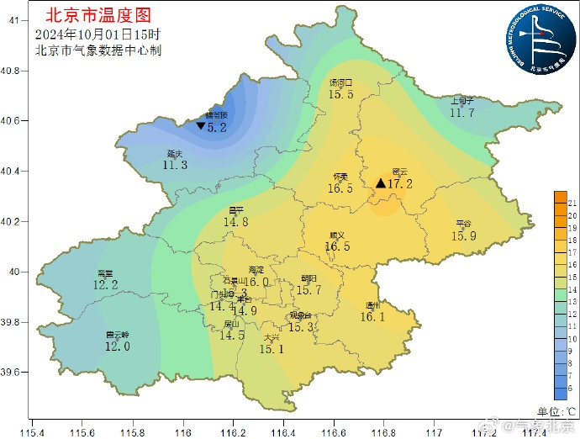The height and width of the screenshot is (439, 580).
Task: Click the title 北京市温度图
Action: pyautogui.click(x=99, y=14)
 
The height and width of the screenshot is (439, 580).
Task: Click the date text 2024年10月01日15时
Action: pyautogui.click(x=98, y=34)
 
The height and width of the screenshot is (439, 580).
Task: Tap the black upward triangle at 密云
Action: pyautogui.click(x=381, y=183)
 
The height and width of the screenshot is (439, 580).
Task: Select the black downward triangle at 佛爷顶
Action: pyautogui.click(x=201, y=125)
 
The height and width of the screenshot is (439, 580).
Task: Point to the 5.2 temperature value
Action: pyautogui.click(x=218, y=128)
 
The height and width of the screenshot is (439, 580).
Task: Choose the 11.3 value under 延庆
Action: pyautogui.click(x=175, y=166)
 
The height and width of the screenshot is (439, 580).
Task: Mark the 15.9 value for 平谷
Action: pyautogui.click(x=464, y=236)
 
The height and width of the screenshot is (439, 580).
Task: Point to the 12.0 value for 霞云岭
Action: pyautogui.click(x=117, y=346)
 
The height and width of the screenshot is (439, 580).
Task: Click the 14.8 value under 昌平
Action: pyautogui.click(x=236, y=223)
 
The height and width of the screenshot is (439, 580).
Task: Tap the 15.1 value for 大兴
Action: pyautogui.click(x=272, y=349)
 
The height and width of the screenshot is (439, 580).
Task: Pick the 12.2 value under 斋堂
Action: pyautogui.click(x=106, y=285)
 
